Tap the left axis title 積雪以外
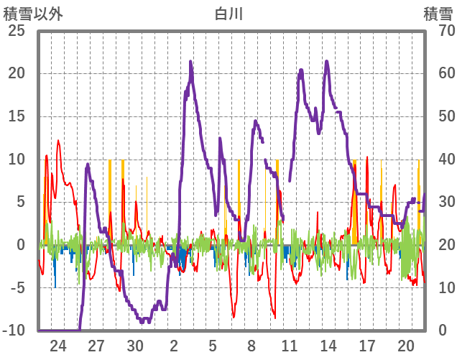[34, 13]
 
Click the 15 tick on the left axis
[15, 116]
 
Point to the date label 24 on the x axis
[58, 346]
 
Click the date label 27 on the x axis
[97, 346]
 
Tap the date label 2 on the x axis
[175, 346]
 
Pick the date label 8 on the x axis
[251, 346]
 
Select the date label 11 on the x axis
[290, 346]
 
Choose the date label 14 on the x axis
[328, 346]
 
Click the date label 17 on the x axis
[367, 346]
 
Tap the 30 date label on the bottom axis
[136, 346]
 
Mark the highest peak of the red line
[58, 141]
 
